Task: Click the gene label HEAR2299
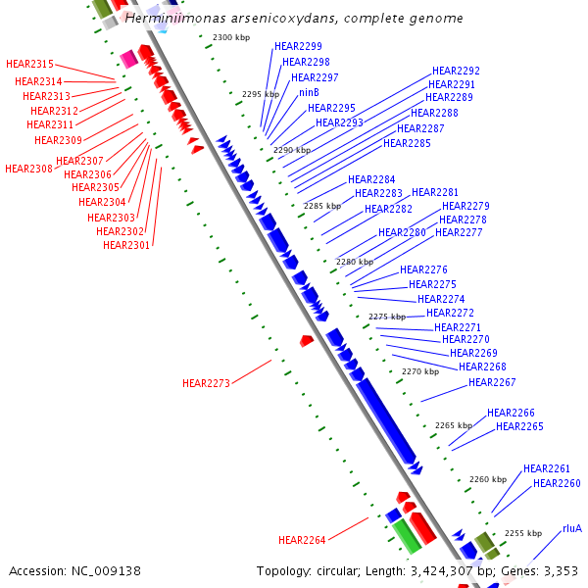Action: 298,46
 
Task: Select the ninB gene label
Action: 310,93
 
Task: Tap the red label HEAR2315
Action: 29,64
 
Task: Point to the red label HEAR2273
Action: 206,383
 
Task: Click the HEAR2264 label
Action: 302,540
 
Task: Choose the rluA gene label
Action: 571,528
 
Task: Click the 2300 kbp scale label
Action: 232,37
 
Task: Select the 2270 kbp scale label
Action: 420,371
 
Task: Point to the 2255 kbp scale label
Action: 523,533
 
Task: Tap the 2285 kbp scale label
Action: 322,206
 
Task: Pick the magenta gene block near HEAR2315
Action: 128,59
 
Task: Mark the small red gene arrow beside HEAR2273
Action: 306,340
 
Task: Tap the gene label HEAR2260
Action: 557,483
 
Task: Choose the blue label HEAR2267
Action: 492,382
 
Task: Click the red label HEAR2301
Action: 126,245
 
